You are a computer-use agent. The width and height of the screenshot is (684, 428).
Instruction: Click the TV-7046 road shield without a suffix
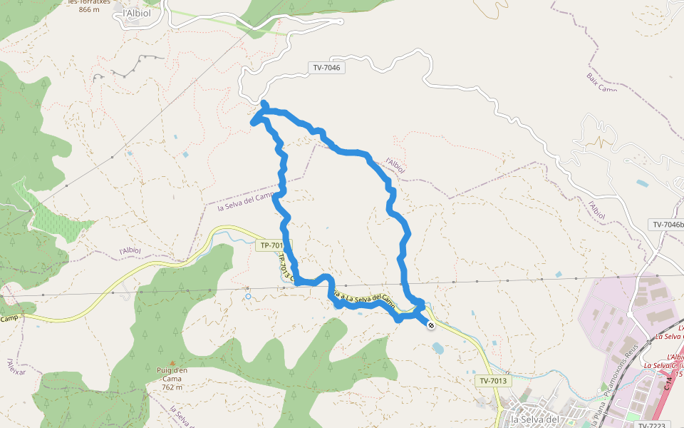(327, 68)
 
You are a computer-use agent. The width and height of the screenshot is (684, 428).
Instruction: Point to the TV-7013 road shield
(493, 381)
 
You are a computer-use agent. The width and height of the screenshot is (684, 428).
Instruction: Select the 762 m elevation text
(172, 387)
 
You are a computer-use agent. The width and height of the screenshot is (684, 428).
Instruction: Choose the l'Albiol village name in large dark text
(138, 13)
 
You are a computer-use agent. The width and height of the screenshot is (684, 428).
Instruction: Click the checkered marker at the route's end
(431, 325)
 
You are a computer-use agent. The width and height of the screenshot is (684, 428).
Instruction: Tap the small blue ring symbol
(248, 295)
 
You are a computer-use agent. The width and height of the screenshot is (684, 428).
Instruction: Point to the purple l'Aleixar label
(16, 367)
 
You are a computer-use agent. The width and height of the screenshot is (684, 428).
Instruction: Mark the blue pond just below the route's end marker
(437, 347)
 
